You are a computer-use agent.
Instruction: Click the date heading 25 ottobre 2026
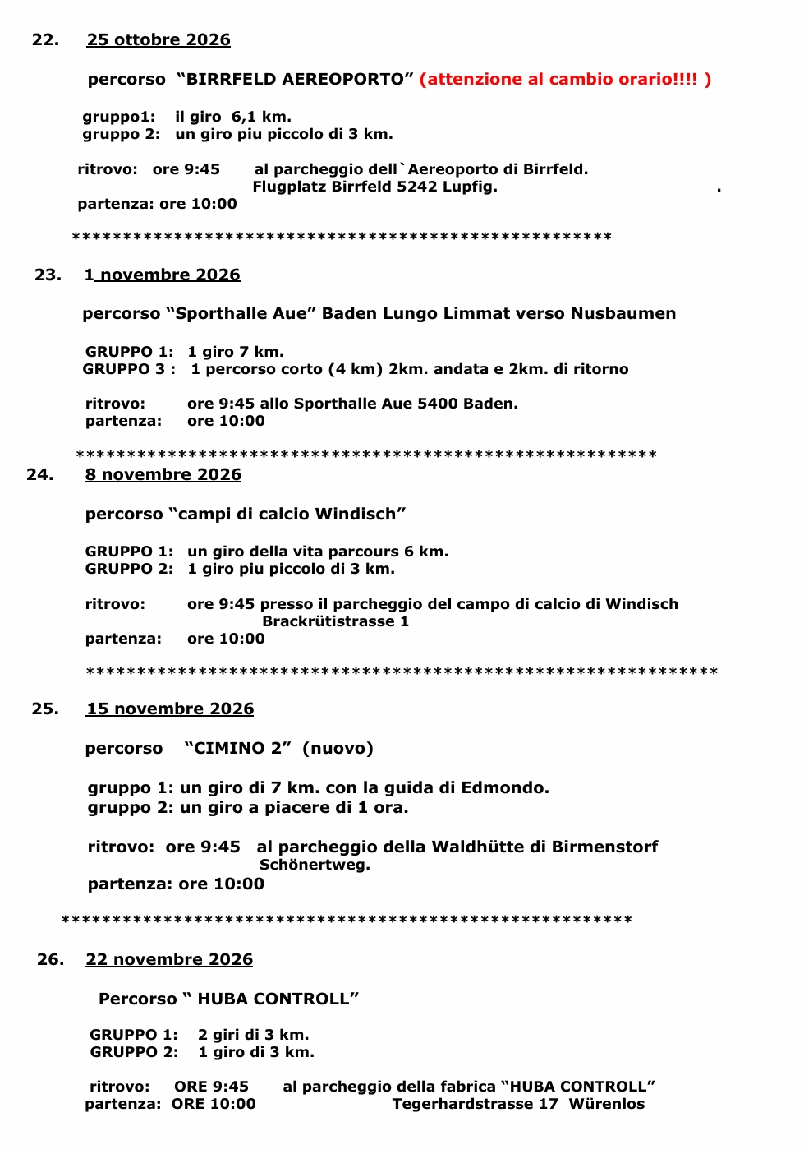(159, 39)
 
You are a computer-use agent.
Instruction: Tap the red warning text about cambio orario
(565, 79)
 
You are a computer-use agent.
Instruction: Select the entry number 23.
(48, 275)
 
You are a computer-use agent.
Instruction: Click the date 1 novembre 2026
(163, 275)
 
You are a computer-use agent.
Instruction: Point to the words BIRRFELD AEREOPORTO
(295, 79)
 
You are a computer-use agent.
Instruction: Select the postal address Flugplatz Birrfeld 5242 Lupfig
(374, 187)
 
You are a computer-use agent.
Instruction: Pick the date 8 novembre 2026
(163, 474)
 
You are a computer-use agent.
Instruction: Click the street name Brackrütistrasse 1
(335, 621)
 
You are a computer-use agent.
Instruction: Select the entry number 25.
(45, 709)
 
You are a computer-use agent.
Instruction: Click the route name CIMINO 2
(238, 748)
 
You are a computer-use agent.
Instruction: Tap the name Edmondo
(504, 787)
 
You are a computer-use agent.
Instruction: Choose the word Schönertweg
(315, 865)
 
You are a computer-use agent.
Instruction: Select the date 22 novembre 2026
(169, 959)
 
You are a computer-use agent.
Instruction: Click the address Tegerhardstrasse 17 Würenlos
(518, 1104)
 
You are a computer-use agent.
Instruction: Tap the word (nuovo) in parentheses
(338, 748)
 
